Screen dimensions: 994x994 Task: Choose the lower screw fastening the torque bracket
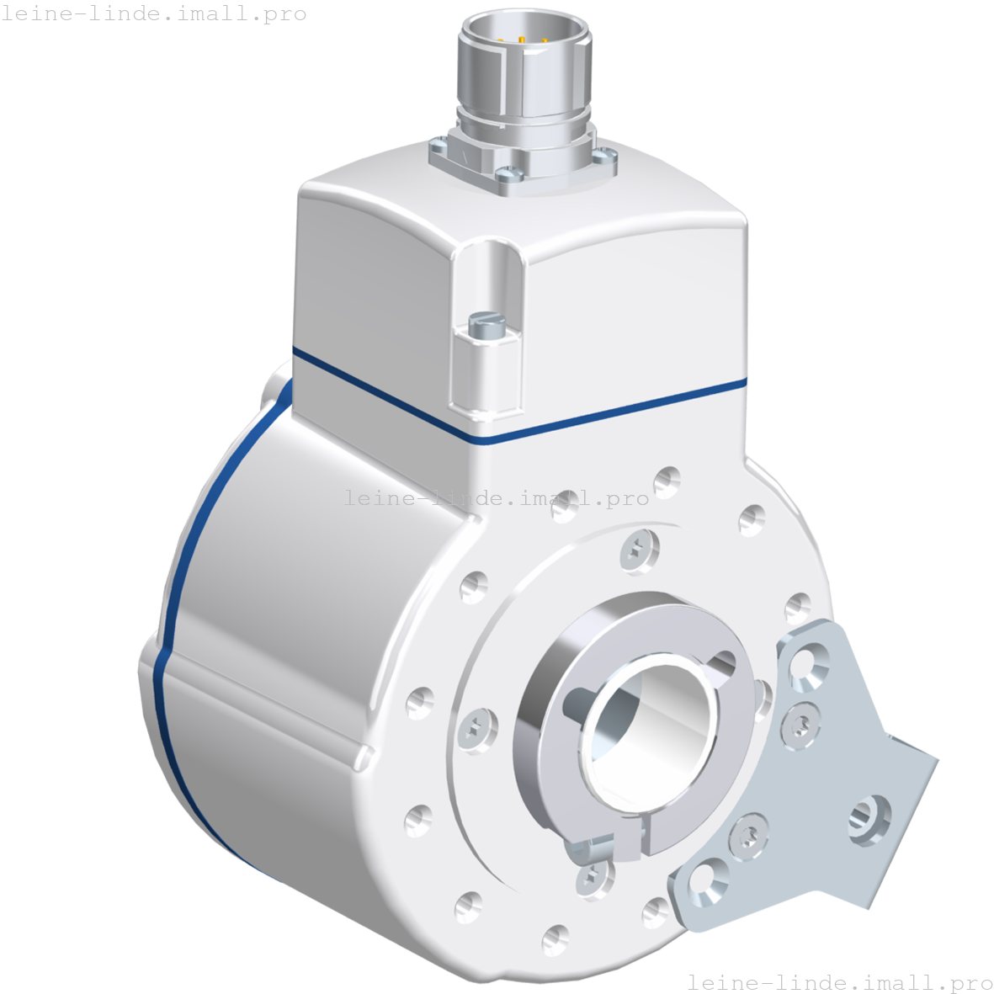pos(747,835)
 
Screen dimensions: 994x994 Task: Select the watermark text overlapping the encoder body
pos(497,498)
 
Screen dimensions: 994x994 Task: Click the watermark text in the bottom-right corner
pos(840,982)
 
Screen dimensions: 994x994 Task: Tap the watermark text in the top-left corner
pos(153,13)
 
